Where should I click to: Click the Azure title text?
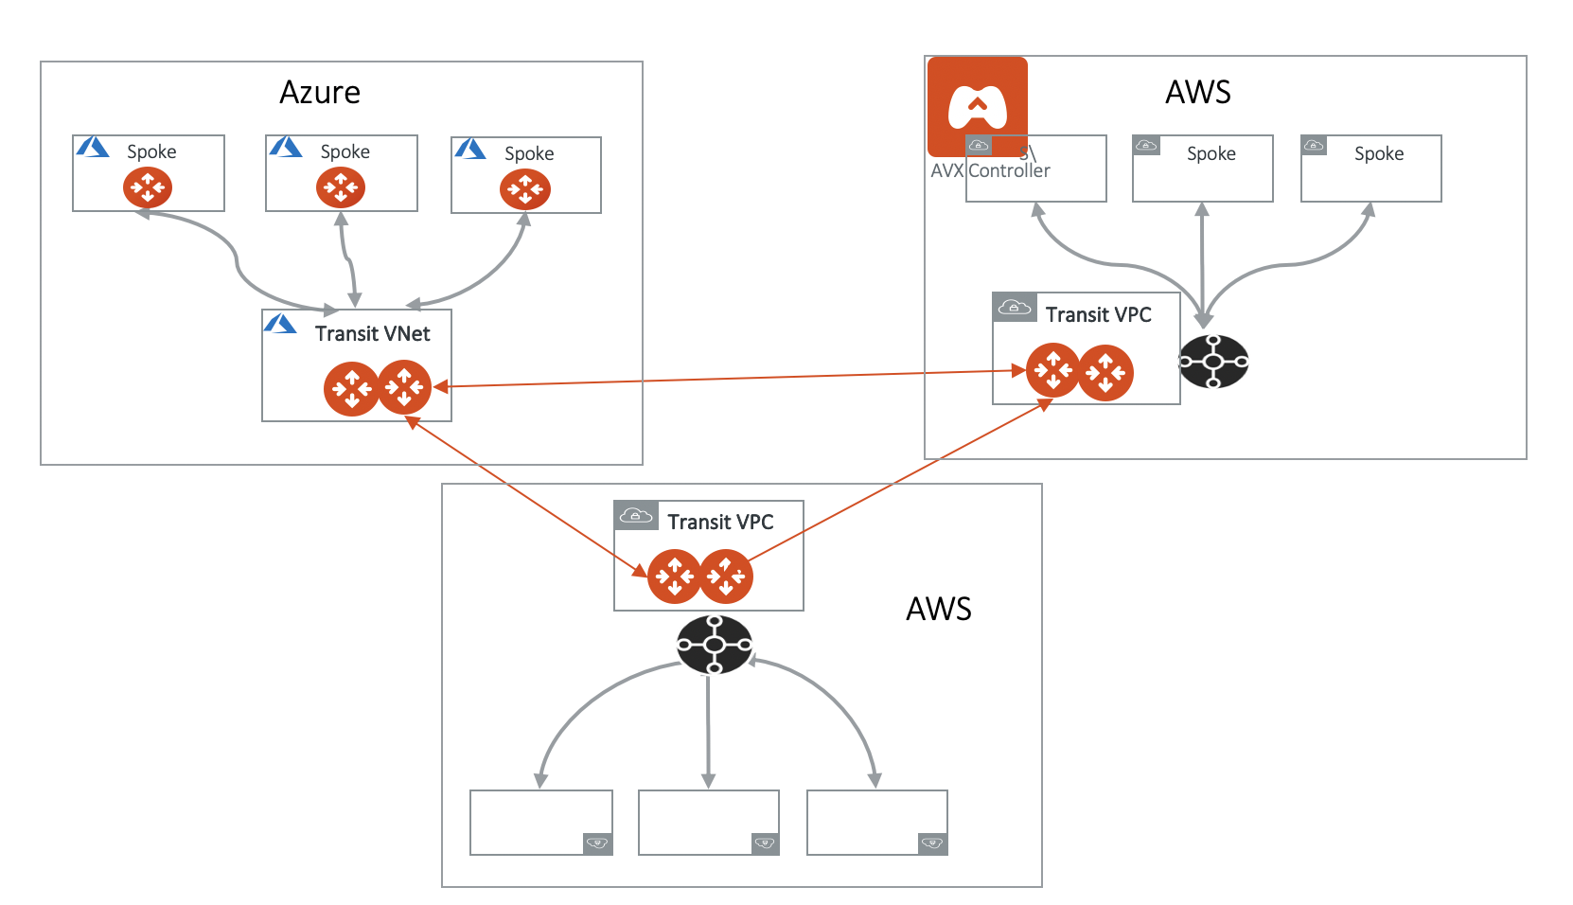coord(320,93)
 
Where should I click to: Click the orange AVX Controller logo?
coord(977,105)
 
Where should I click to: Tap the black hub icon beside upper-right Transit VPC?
coord(1213,362)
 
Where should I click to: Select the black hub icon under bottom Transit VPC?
coord(715,645)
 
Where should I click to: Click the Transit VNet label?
coord(372,334)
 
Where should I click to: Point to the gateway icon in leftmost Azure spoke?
coord(148,187)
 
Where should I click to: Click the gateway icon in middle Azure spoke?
coord(341,187)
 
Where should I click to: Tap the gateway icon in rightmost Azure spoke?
coord(525,189)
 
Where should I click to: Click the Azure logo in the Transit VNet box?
coord(280,324)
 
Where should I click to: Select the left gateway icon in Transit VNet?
coord(351,388)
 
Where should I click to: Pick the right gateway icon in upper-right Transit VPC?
coord(1105,373)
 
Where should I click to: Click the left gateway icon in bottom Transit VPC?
coord(674,576)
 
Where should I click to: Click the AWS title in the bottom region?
coord(938,609)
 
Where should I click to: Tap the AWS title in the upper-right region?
coord(1197,93)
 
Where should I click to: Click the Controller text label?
coord(1009,171)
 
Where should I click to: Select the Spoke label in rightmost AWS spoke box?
coord(1378,154)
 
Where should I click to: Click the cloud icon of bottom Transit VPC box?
coord(636,515)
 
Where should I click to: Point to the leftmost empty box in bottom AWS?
coord(540,822)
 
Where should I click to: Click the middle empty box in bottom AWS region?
coord(708,822)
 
